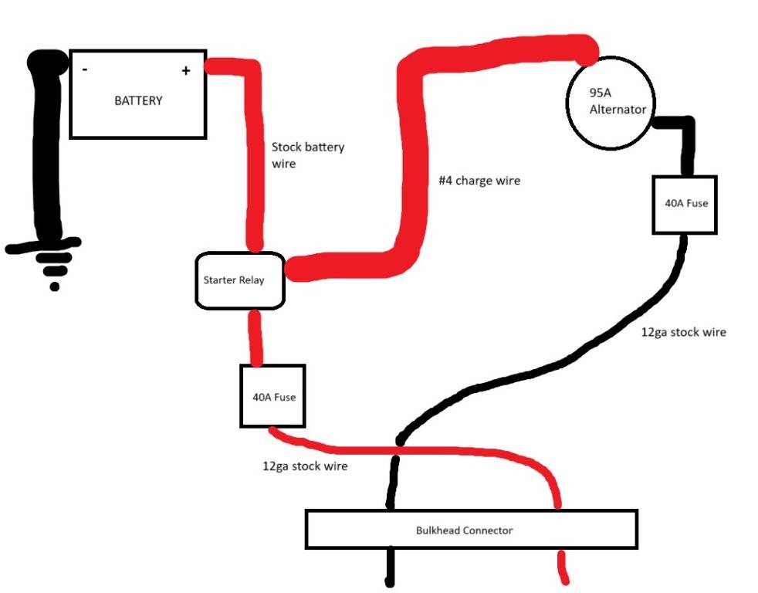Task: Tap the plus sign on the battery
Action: [186, 71]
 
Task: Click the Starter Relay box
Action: [240, 280]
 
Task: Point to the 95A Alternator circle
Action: [611, 103]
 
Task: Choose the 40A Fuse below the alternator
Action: [685, 204]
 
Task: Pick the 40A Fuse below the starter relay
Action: [272, 396]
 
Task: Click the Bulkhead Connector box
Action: [471, 529]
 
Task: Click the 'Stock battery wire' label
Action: [307, 155]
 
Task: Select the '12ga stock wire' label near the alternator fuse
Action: [683, 333]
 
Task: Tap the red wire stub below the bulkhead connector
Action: [563, 568]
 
